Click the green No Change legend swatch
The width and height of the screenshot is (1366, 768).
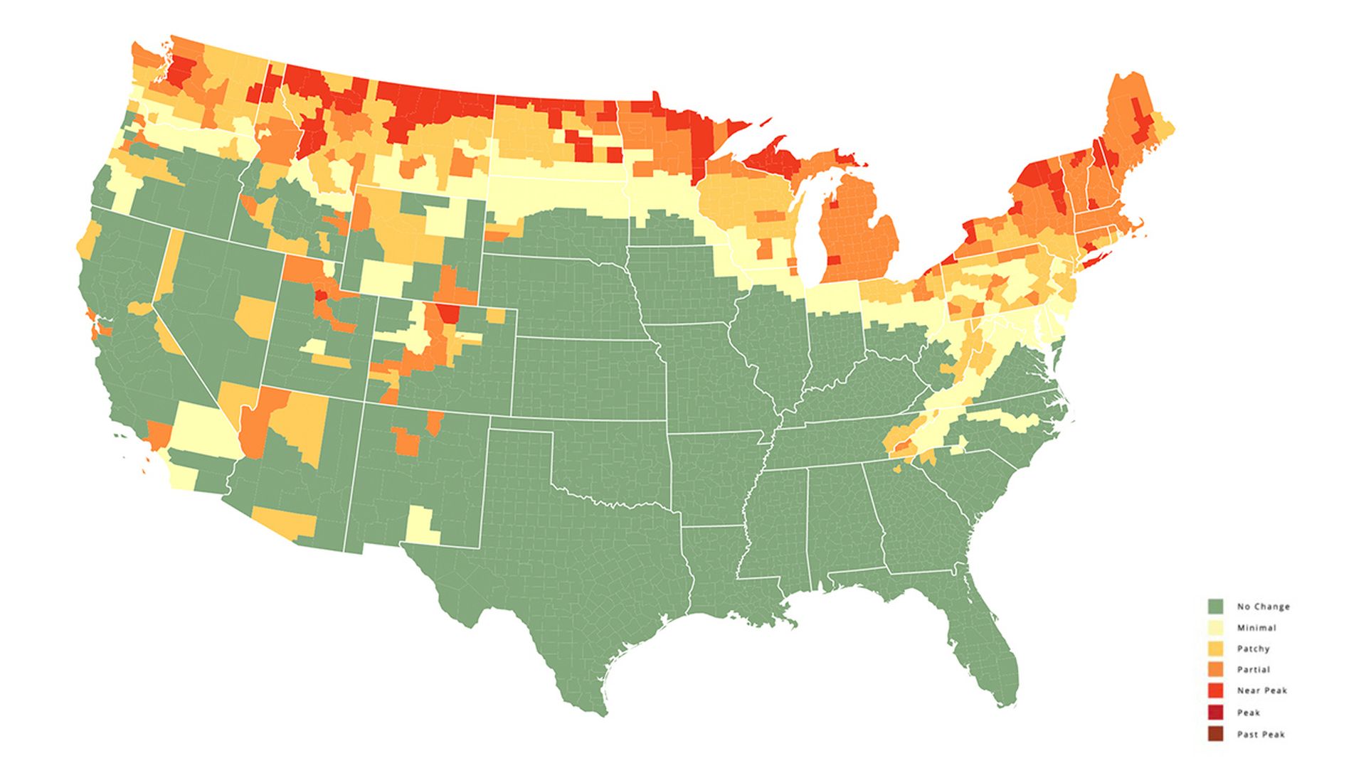click(x=1215, y=607)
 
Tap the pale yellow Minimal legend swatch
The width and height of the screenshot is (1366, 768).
click(x=1215, y=628)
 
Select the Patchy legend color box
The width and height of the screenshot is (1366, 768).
click(x=1215, y=649)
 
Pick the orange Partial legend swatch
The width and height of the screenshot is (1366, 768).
click(x=1215, y=670)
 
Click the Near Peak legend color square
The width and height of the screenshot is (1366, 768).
click(x=1215, y=690)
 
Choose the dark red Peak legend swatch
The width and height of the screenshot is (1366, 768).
click(x=1215, y=713)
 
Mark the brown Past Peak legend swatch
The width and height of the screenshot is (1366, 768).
click(x=1215, y=734)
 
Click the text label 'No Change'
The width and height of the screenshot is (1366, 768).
click(x=1263, y=607)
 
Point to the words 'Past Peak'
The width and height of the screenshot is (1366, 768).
click(x=1261, y=735)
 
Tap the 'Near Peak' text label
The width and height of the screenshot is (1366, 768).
click(x=1261, y=690)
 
